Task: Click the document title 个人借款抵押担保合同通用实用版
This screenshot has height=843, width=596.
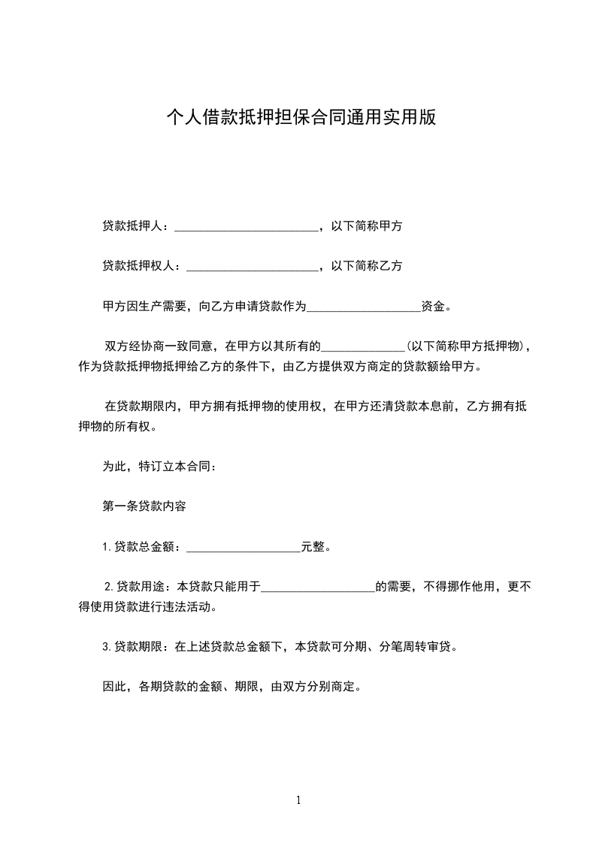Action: tap(301, 118)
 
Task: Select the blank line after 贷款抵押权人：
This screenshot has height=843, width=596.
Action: tap(252, 266)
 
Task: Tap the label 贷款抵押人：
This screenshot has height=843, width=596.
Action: tap(138, 225)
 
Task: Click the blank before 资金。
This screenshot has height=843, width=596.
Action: tap(364, 307)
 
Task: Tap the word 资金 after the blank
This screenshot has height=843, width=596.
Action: tap(433, 306)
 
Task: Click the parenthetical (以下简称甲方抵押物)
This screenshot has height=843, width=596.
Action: tap(467, 346)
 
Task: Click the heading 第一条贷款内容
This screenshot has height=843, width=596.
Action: tap(144, 506)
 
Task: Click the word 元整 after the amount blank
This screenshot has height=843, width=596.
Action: tap(313, 546)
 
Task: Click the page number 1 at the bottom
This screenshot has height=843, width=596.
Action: tap(298, 800)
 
